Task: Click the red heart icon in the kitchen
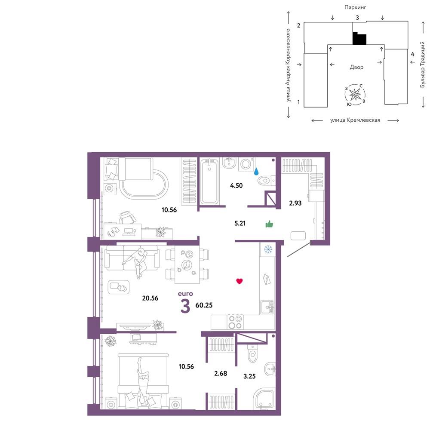point(240,281)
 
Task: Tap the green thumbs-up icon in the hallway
point(269,224)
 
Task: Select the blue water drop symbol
point(256,172)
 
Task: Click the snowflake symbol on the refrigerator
point(267,249)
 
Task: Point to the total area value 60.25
point(204,305)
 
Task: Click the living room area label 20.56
point(150,298)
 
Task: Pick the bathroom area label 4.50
point(236,185)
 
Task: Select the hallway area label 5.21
point(240,223)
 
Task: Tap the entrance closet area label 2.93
point(295,203)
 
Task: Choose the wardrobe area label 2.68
point(221,373)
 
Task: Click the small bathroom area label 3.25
point(249,376)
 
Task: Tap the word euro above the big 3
point(185,293)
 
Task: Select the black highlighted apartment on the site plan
point(359,39)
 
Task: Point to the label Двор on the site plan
point(356,67)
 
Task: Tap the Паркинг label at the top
point(355,7)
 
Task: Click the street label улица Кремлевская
point(355,120)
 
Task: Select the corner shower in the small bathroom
point(264,399)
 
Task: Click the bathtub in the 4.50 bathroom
point(209,181)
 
